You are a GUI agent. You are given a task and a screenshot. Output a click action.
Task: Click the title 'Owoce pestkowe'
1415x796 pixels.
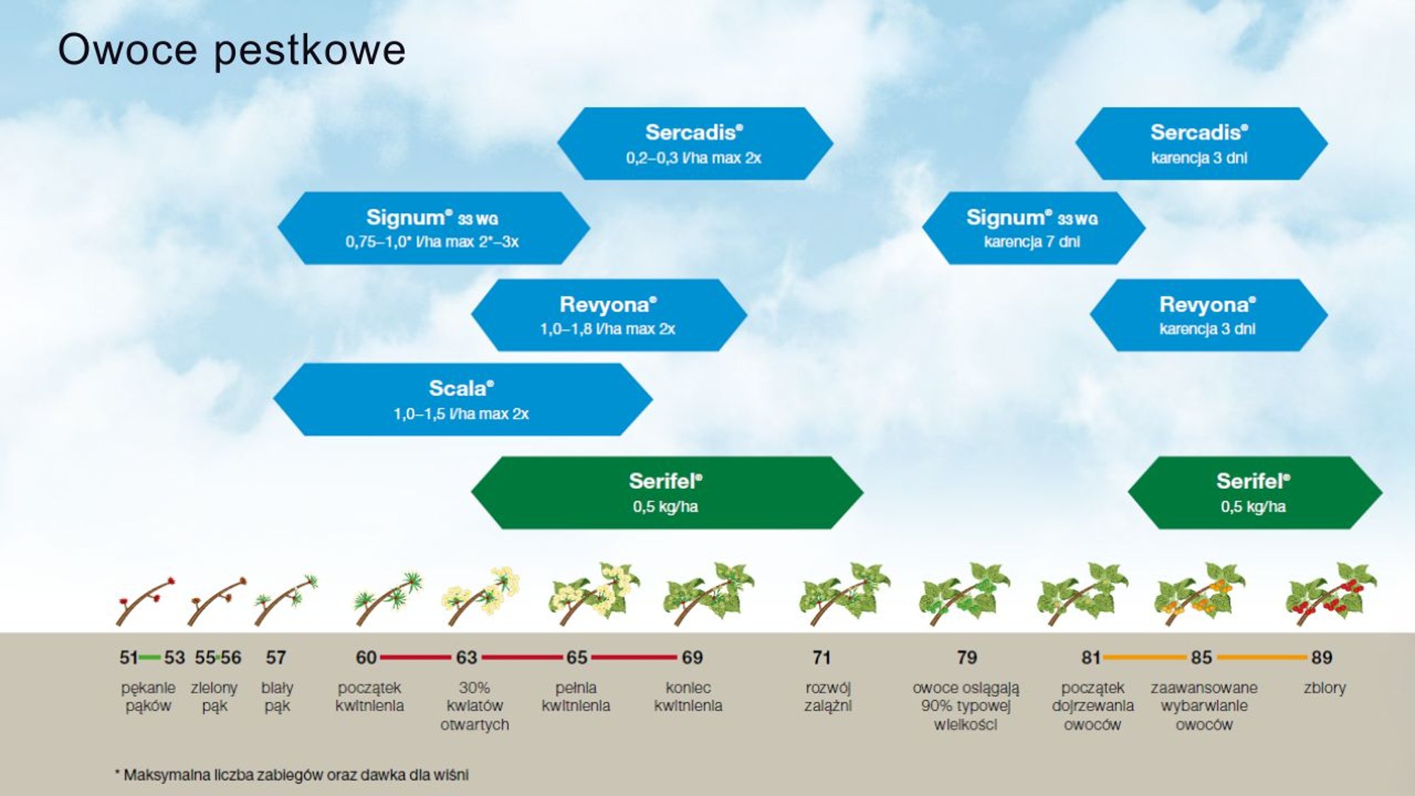coord(231,51)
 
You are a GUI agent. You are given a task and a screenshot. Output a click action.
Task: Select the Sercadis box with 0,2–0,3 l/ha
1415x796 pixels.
coord(695,144)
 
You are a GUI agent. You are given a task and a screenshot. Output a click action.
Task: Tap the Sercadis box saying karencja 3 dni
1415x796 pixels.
coord(1201,144)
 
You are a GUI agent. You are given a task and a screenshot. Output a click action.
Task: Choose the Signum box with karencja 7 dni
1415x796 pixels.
coord(1033,228)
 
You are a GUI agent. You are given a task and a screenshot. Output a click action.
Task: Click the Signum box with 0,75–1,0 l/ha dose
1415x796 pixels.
coord(433,228)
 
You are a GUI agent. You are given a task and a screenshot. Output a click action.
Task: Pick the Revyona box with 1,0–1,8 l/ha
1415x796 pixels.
coord(608,315)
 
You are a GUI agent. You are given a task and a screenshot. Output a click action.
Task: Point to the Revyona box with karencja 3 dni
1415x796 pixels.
coord(1208,315)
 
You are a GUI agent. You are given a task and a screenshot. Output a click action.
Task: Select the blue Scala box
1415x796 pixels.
coord(463,400)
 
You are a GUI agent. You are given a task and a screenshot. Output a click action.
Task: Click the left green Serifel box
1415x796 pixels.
coord(666,492)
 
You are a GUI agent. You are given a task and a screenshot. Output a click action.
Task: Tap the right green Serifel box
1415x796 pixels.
coord(1254,492)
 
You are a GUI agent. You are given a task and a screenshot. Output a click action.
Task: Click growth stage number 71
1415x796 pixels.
coord(821,658)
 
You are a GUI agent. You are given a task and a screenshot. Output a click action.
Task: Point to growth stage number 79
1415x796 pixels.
coord(966,658)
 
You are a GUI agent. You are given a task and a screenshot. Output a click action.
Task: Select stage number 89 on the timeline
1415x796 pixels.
coord(1322,658)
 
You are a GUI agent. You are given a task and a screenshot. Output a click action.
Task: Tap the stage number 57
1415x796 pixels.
coord(276,658)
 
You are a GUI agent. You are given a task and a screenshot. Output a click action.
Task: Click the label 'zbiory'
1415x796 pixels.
coord(1324,688)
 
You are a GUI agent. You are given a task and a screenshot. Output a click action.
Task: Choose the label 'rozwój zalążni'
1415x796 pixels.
coord(828,697)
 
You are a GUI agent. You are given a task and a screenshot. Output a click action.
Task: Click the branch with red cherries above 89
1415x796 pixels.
coord(1331,594)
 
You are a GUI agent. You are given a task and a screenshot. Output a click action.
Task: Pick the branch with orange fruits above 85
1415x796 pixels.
coord(1199,594)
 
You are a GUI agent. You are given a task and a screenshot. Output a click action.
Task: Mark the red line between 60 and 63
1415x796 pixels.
coord(415,657)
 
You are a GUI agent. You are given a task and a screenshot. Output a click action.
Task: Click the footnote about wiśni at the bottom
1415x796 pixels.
coord(291,775)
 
